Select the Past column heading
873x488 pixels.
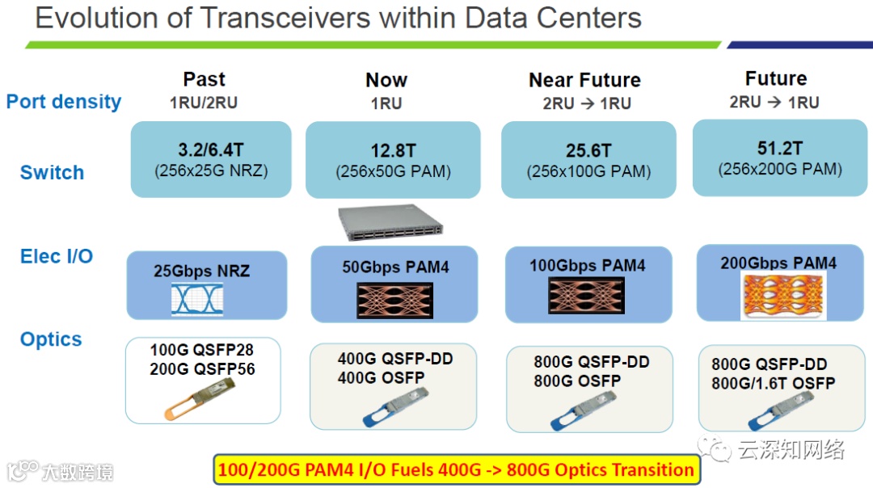204,79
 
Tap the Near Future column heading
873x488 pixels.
584,80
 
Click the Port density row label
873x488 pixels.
64,102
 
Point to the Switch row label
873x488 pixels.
52,172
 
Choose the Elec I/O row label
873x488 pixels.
57,257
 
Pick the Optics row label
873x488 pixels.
51,339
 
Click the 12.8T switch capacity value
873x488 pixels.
393,151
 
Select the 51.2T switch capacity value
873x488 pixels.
779,149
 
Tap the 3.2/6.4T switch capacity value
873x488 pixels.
210,149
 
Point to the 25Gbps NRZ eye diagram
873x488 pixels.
197,299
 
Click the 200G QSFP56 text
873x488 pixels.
202,368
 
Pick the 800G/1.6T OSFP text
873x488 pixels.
773,383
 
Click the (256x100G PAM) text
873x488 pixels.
588,171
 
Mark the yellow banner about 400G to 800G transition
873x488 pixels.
456,469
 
